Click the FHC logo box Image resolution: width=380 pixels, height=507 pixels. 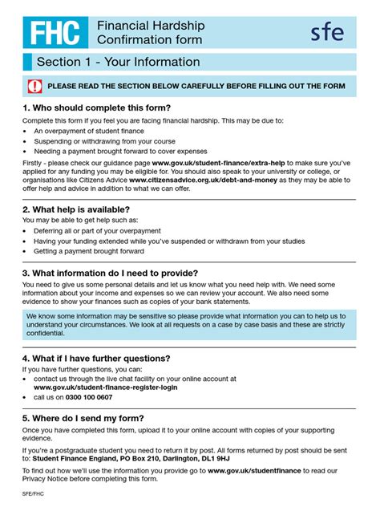55,33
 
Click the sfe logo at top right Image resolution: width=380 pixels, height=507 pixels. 327,33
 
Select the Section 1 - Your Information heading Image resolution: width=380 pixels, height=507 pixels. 118,63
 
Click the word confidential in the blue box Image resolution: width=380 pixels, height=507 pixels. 46,333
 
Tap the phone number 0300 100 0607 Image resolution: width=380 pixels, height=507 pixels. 84,397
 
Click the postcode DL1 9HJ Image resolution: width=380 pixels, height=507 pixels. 210,460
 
